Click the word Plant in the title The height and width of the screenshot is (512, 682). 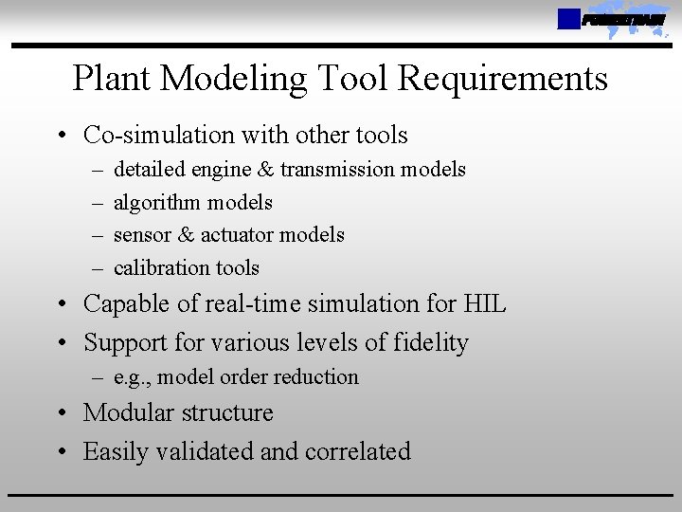pos(114,79)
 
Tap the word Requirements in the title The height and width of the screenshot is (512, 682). pos(503,79)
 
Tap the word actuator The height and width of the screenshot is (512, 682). pos(241,235)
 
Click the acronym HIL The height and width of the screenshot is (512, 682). pos(485,304)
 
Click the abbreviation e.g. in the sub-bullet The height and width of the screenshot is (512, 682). pos(132,377)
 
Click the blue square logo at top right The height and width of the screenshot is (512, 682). pos(567,19)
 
